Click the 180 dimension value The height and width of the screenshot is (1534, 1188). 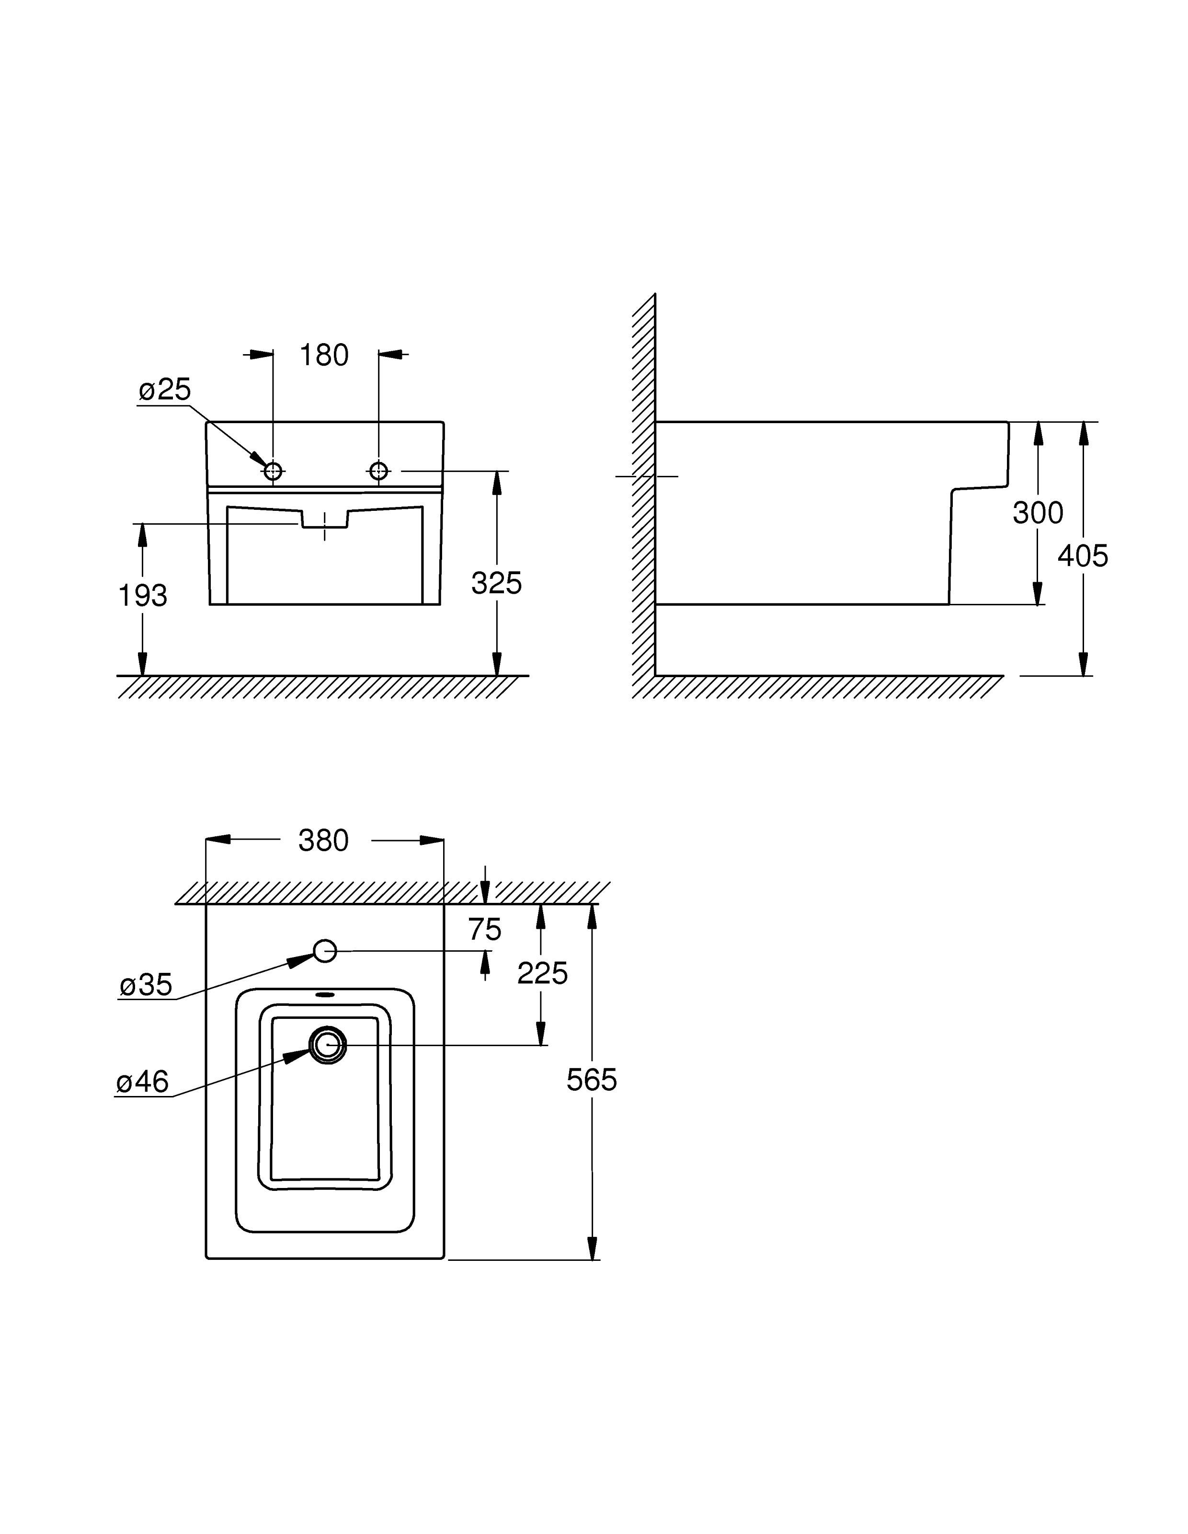pyautogui.click(x=324, y=356)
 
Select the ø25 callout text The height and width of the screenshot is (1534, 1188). pyautogui.click(x=164, y=390)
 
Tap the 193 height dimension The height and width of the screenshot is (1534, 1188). pyautogui.click(x=143, y=596)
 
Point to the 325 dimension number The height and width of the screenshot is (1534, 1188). pyautogui.click(x=496, y=583)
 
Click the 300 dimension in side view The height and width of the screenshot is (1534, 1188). pyautogui.click(x=1038, y=513)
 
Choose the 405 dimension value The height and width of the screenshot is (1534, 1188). pyautogui.click(x=1083, y=556)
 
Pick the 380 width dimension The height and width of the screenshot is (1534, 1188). pyautogui.click(x=324, y=841)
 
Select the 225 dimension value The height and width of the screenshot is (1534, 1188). pyautogui.click(x=542, y=973)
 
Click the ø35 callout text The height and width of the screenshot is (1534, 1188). pyautogui.click(x=146, y=985)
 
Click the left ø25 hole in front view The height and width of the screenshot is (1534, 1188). pyautogui.click(x=273, y=471)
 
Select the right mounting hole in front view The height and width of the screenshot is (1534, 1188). pyautogui.click(x=378, y=471)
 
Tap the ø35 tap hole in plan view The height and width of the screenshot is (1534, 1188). pyautogui.click(x=325, y=951)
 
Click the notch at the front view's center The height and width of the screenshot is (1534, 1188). pyautogui.click(x=324, y=519)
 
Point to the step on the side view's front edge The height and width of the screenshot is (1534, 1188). pyautogui.click(x=980, y=487)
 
